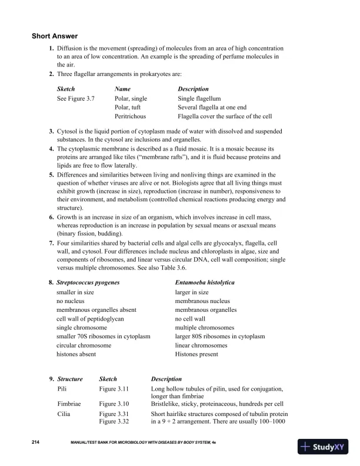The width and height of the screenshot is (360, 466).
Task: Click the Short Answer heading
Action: [55, 36]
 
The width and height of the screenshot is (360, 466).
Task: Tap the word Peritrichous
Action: [130, 116]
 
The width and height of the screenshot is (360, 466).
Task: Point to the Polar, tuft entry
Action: [128, 108]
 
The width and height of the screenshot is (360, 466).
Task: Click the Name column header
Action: [122, 89]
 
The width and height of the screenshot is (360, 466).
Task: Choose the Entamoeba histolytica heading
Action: [205, 282]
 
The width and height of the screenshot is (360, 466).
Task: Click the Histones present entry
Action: [196, 354]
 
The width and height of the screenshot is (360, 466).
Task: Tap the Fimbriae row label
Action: [69, 404]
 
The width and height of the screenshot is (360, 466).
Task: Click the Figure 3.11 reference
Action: [114, 389]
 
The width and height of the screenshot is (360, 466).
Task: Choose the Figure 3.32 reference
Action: [114, 422]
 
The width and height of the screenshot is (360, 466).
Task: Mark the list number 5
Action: [52, 175]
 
